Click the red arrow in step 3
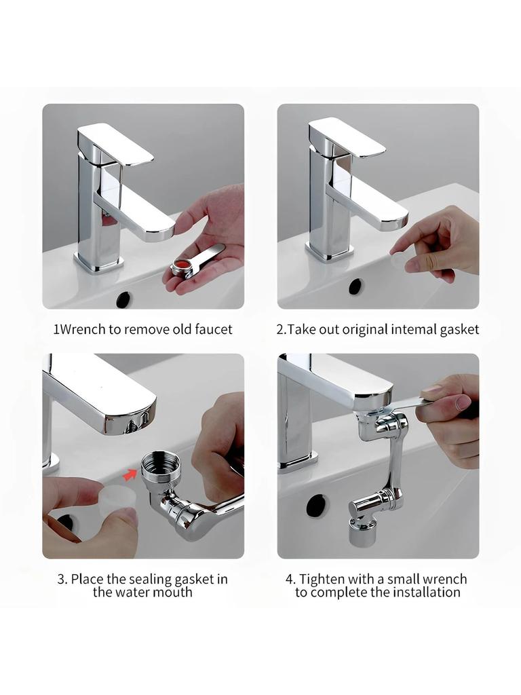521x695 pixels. tap(129, 475)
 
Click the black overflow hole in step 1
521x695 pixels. tap(124, 299)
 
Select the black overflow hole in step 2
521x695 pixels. tap(355, 286)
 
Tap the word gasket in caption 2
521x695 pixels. tap(459, 330)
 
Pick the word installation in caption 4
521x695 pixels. tap(427, 592)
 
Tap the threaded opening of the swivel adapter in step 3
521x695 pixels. tap(160, 464)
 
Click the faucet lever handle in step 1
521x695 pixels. tap(115, 143)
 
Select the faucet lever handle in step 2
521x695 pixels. tap(347, 137)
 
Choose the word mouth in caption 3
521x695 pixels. tap(173, 592)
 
